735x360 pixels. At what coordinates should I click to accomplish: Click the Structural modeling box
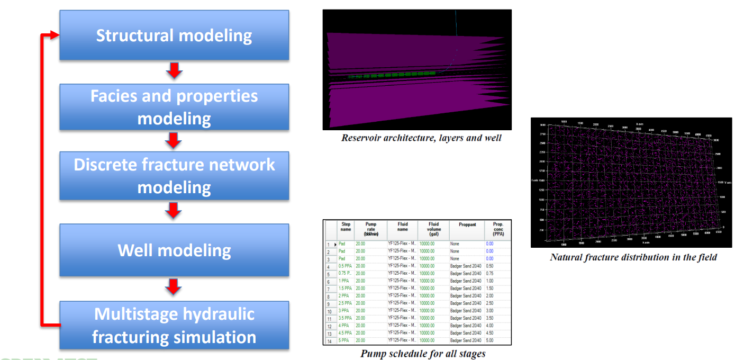(174, 35)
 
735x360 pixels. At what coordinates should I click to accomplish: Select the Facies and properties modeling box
(174, 106)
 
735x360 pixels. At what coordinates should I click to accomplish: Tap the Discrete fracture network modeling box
(174, 176)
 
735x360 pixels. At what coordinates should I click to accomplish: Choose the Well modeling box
(174, 250)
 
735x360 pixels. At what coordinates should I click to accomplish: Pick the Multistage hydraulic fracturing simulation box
(174, 325)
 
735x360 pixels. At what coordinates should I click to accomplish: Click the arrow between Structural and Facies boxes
(174, 71)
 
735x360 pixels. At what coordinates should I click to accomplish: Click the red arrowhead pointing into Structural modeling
(52, 35)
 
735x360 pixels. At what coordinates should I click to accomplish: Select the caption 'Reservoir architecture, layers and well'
(421, 138)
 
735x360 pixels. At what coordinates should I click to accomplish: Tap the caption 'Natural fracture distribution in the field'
(633, 257)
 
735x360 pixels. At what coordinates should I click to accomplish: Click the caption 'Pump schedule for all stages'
(423, 353)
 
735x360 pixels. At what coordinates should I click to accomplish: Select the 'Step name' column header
(346, 228)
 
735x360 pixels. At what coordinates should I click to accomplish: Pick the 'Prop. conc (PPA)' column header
(498, 229)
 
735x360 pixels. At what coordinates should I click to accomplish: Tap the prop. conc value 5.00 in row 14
(489, 340)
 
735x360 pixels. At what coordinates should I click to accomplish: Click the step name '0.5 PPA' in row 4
(346, 266)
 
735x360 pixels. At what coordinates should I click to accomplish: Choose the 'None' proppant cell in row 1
(455, 244)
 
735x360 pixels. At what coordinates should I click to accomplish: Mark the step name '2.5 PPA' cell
(346, 303)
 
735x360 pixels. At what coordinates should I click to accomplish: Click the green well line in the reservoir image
(392, 74)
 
